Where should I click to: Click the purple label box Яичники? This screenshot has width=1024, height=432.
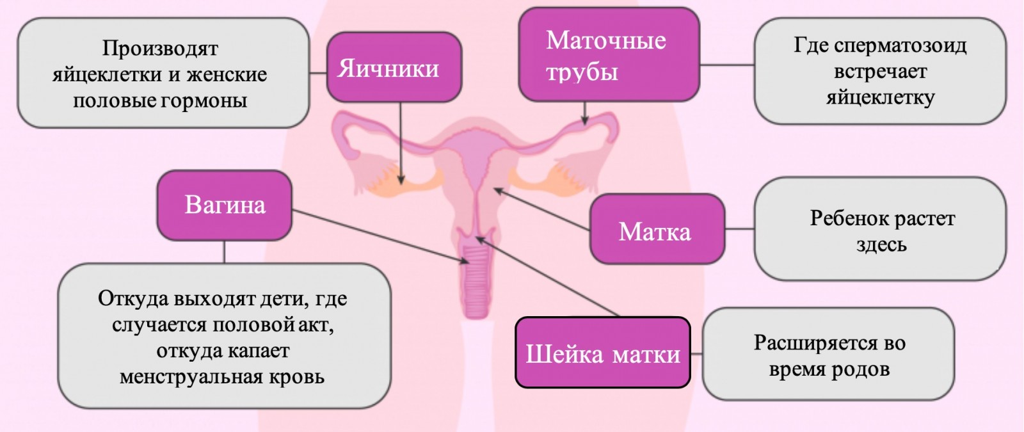coord(394,67)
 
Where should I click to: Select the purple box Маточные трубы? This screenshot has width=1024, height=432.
coord(609,54)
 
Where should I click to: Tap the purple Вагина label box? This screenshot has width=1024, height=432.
coord(225,205)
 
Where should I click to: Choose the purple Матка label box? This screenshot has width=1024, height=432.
coord(657,228)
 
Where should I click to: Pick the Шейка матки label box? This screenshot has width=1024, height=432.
coord(602,353)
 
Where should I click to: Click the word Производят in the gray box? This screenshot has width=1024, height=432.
coord(160,48)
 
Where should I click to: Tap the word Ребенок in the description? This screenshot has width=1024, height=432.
coord(842,218)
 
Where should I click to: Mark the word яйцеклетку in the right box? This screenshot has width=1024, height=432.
coord(880,98)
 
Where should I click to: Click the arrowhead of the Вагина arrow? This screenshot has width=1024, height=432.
coord(465,260)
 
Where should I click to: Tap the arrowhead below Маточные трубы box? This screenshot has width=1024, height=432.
coord(585,121)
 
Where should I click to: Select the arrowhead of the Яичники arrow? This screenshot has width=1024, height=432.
coord(401,180)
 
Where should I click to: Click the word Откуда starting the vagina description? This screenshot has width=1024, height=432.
coord(134,299)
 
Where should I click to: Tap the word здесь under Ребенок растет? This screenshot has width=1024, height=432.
coord(881,244)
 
